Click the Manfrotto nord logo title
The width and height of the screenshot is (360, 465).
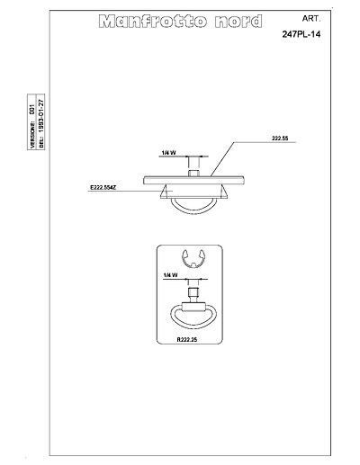[180, 22]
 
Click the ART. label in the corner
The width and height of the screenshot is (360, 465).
[311, 19]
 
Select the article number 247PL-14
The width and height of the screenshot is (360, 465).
[301, 34]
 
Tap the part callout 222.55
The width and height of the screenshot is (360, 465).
[280, 139]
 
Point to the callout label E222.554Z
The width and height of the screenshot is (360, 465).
[103, 188]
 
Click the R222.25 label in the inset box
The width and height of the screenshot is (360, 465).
[187, 340]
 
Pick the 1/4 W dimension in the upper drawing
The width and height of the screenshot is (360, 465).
[168, 153]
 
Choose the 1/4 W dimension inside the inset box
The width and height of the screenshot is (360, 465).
[170, 275]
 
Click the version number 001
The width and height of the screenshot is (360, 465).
[32, 109]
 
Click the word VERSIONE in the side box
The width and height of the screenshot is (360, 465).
[32, 135]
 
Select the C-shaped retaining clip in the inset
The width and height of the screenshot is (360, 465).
[193, 258]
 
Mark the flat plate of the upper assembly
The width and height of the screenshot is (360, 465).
[193, 180]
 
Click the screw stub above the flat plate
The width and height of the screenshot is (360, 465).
[193, 173]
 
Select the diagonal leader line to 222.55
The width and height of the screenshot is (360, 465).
[222, 158]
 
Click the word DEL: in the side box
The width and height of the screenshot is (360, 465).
[41, 142]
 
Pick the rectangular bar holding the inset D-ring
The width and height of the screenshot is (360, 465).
[193, 307]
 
